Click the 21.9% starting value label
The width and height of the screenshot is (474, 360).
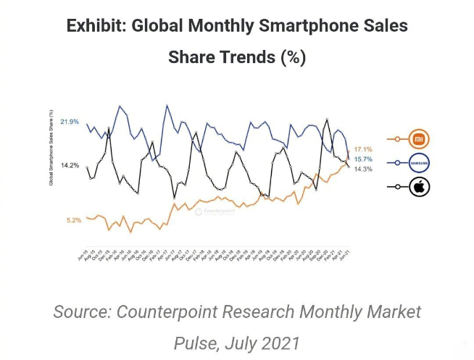(70, 121)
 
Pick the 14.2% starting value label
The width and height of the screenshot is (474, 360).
(70, 165)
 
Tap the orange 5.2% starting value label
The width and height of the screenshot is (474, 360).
(73, 219)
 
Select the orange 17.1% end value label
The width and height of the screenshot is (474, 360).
(363, 149)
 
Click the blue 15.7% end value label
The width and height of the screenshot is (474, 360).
(363, 159)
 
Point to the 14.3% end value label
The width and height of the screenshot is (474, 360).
(363, 169)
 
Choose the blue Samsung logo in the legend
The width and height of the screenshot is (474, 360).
(420, 163)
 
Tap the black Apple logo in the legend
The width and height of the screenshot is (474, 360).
(419, 188)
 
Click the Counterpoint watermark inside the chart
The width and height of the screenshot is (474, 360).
(215, 212)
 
